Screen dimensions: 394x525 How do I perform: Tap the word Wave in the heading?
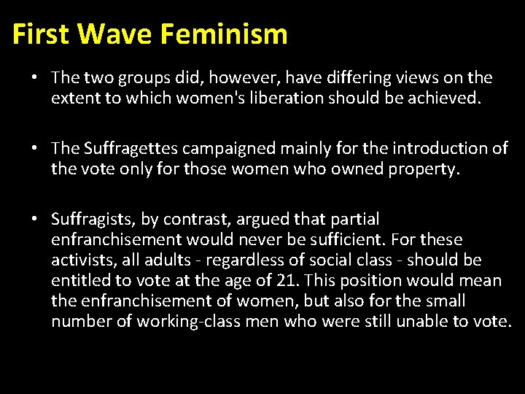click(x=116, y=34)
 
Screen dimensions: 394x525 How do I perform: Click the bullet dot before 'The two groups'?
click(x=34, y=77)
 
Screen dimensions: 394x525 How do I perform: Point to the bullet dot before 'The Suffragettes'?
click(x=34, y=149)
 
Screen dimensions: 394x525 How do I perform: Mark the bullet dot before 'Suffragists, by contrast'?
click(x=34, y=219)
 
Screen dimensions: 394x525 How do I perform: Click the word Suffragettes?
click(x=131, y=149)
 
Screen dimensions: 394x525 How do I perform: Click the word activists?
click(x=82, y=260)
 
